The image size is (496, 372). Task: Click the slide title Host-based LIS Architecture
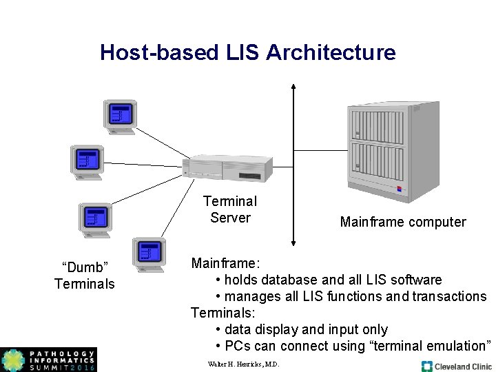tap(247, 52)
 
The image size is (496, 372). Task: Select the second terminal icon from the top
tap(87, 162)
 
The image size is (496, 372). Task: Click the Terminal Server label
tap(230, 209)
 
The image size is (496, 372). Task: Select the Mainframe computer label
tap(402, 222)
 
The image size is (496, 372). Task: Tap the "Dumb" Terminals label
tap(85, 276)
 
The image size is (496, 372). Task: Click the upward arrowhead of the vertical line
tap(293, 87)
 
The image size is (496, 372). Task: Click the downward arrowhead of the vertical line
tap(293, 242)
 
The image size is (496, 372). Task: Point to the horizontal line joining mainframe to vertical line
tap(320, 149)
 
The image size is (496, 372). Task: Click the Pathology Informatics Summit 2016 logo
tap(48, 360)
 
